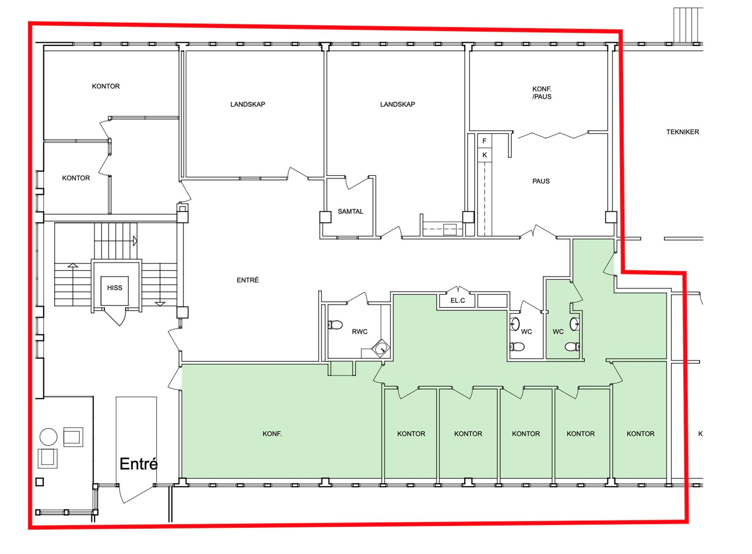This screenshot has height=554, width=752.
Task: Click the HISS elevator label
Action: (x=114, y=288)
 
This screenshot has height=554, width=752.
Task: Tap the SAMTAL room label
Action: (x=350, y=212)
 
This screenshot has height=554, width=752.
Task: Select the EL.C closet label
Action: (x=457, y=300)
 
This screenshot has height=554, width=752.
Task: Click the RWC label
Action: (x=360, y=332)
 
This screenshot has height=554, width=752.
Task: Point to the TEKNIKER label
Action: (x=683, y=132)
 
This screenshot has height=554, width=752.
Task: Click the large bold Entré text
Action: (x=138, y=464)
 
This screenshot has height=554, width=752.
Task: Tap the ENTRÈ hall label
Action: (x=247, y=280)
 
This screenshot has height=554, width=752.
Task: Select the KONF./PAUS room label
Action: (x=542, y=93)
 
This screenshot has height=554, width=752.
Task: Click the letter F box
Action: (x=484, y=141)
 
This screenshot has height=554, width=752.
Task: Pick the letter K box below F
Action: (x=484, y=155)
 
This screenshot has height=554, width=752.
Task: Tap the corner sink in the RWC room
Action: (x=381, y=349)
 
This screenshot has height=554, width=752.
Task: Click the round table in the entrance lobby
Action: (x=48, y=437)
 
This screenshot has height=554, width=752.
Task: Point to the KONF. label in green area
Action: (x=272, y=434)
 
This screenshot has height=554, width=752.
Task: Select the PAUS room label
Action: (x=541, y=181)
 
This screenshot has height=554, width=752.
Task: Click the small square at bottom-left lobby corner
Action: (x=39, y=482)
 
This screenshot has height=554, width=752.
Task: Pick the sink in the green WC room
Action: (x=574, y=323)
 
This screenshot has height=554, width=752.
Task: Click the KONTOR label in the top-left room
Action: (x=106, y=86)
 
